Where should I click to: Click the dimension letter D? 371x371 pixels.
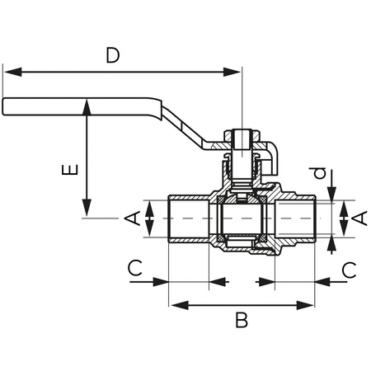click(113, 55)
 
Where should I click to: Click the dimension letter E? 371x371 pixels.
click(70, 170)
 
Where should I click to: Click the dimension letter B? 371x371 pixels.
click(242, 320)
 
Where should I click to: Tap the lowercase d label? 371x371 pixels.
click(319, 173)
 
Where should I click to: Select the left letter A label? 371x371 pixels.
click(133, 218)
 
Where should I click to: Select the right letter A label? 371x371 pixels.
click(359, 218)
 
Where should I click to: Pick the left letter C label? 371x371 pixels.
click(135, 268)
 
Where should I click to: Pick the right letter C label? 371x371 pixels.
click(349, 270)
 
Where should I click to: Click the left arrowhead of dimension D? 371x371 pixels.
click(13, 72)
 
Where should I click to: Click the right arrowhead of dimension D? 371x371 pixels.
click(232, 72)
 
